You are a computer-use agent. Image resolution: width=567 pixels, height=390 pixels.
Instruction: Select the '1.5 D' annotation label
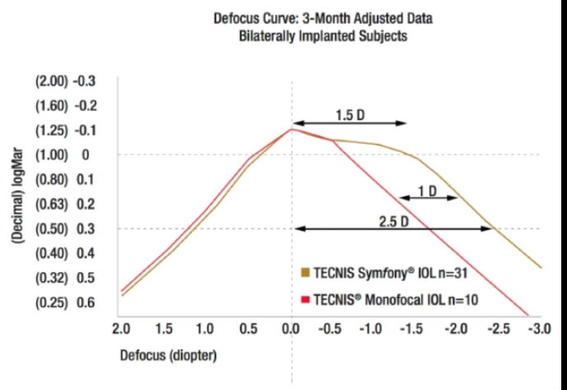tap(350, 114)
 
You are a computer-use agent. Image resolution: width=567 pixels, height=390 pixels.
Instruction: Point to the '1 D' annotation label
tap(426, 192)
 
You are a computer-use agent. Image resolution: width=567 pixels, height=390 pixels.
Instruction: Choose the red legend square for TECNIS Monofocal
tap(306, 299)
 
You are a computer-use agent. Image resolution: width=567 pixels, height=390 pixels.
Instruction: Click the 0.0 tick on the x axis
tap(290, 329)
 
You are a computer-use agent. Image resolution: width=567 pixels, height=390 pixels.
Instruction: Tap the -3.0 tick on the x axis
tap(539, 329)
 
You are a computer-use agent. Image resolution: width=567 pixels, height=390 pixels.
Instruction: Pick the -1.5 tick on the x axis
tap(413, 329)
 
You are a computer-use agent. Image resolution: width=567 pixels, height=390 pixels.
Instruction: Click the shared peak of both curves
tap(291, 128)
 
